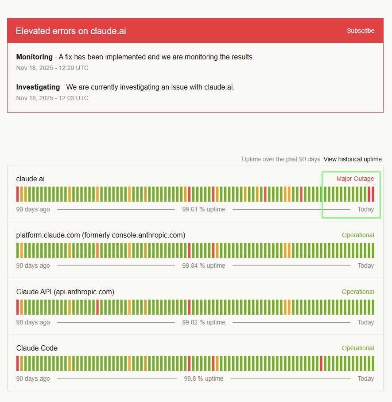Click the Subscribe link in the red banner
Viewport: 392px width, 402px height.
point(361,31)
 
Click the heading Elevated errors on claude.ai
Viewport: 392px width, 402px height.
point(71,31)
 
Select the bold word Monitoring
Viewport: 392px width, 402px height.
point(34,57)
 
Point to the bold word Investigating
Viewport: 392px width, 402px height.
point(38,87)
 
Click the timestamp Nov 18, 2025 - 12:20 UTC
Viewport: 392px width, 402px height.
point(52,68)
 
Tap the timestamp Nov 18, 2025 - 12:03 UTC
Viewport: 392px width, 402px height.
point(52,98)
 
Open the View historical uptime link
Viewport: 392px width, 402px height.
point(353,159)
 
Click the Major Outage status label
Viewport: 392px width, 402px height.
point(355,179)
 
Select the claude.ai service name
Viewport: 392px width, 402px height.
point(30,179)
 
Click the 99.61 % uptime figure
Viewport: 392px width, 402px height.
point(204,209)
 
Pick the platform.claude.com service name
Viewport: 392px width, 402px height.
point(101,235)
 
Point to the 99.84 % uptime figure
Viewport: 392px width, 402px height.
point(204,265)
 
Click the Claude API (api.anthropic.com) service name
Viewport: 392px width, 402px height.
point(65,292)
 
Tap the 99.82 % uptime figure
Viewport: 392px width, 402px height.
point(204,322)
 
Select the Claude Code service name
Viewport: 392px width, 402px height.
point(37,348)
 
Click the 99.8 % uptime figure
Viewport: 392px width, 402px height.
point(204,379)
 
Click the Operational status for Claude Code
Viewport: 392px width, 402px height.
point(358,348)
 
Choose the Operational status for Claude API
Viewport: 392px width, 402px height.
point(358,292)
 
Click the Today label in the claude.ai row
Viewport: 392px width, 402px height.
point(365,209)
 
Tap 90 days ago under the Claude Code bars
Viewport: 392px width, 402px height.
point(33,379)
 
